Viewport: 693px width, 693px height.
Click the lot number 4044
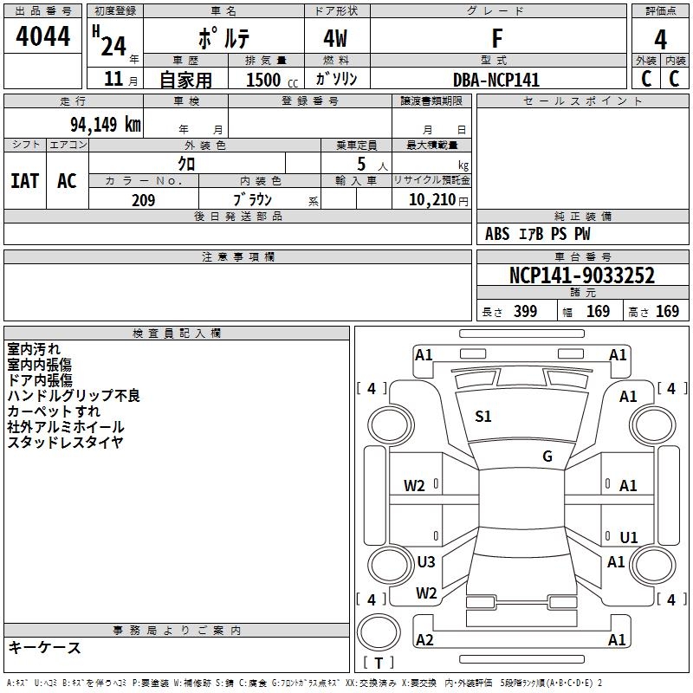click(x=42, y=36)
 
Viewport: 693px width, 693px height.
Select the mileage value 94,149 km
click(x=106, y=125)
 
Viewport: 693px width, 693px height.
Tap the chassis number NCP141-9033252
click(x=581, y=275)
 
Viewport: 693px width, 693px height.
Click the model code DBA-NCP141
click(x=496, y=80)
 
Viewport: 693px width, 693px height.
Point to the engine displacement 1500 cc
click(x=272, y=80)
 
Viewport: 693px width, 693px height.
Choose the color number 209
click(x=143, y=200)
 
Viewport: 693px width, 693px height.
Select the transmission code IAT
click(x=25, y=181)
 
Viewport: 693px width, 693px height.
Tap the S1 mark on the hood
click(x=483, y=417)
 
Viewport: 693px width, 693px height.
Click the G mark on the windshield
click(x=547, y=457)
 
